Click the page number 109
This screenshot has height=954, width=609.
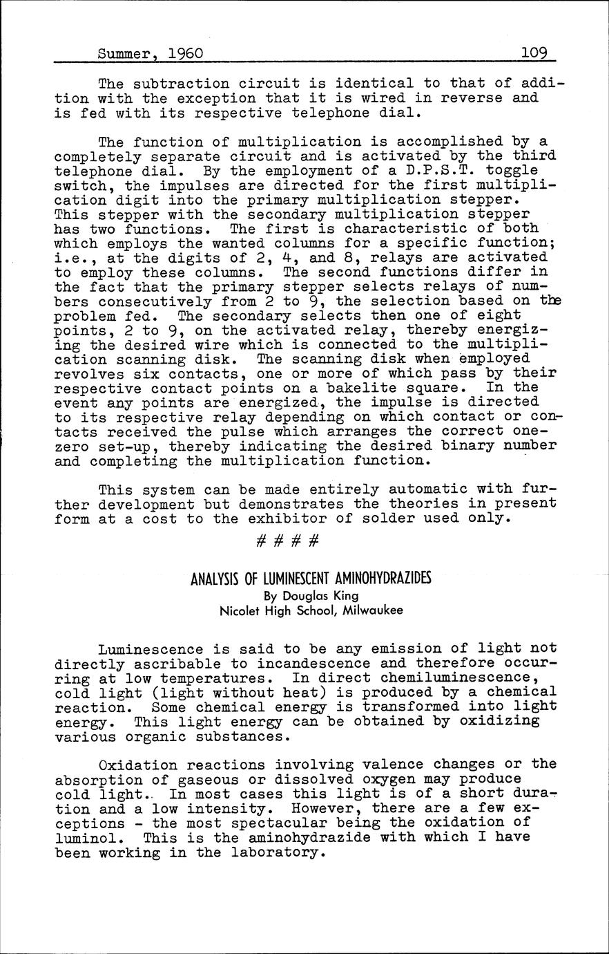pos(534,53)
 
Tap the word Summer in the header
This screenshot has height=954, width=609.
pos(125,53)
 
